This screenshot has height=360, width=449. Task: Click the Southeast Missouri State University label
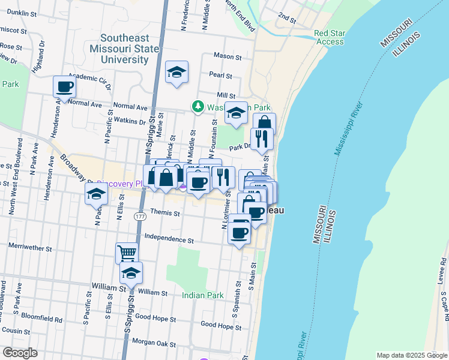pos(124,48)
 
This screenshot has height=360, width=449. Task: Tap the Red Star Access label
pos(330,38)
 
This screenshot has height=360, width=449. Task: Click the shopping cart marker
pos(127,253)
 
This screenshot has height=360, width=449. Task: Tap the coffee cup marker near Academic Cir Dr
pos(65,86)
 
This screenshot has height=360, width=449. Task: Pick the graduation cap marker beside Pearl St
pos(176,72)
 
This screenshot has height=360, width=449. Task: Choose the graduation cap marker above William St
pos(131,273)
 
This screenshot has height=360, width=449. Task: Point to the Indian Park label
pos(203,295)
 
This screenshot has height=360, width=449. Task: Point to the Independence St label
pos(169,239)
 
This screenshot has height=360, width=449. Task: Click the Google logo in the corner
pos(20,353)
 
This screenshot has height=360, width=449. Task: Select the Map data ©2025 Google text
pos(411,355)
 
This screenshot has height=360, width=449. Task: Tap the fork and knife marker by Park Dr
pos(262,139)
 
